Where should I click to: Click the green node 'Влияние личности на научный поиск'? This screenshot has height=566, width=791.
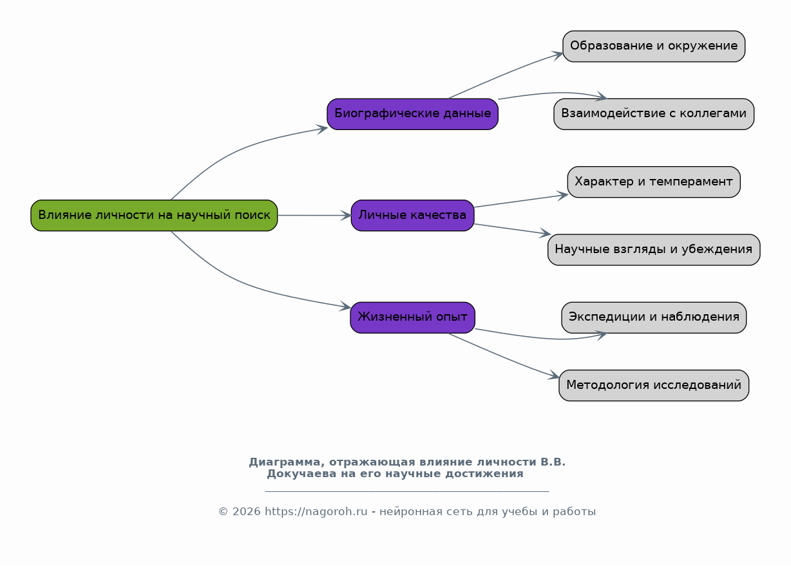[x=154, y=215]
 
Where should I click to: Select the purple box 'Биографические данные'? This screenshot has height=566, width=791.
[x=412, y=114]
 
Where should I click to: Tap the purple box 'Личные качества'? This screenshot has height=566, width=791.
[x=412, y=215]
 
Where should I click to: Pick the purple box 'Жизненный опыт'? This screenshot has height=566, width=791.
[x=412, y=317]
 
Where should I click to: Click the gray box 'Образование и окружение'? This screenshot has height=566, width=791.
[x=654, y=46]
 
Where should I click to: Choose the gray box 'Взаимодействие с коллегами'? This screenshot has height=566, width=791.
[x=654, y=114]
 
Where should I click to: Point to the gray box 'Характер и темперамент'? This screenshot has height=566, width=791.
[x=654, y=182]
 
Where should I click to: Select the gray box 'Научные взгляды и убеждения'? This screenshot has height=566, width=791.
[x=654, y=250]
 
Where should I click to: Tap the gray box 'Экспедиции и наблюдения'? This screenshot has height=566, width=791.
[x=654, y=317]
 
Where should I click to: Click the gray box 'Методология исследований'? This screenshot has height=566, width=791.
[x=654, y=385]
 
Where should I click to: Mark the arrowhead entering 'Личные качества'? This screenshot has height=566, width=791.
[x=346, y=215]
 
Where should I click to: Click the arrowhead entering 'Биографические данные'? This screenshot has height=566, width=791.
[x=322, y=129]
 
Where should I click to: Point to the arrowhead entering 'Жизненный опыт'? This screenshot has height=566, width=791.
[x=345, y=307]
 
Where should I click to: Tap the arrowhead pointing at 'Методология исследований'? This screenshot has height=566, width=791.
[x=554, y=375]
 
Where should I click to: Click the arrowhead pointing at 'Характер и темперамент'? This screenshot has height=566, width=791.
[x=562, y=195]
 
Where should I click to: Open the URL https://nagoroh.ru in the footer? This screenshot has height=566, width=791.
[x=316, y=512]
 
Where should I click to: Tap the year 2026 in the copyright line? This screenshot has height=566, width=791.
[x=247, y=512]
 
